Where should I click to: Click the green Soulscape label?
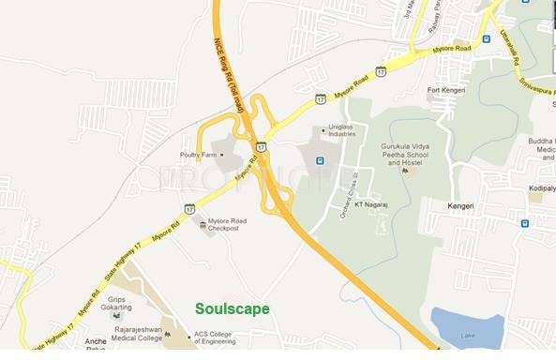(232, 308)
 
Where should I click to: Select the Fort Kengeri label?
(445, 90)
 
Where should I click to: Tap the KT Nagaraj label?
(371, 202)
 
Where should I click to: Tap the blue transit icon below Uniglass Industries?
(321, 160)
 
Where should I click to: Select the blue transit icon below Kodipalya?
(524, 223)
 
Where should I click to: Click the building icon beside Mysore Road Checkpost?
(203, 223)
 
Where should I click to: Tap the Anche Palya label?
(97, 346)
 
